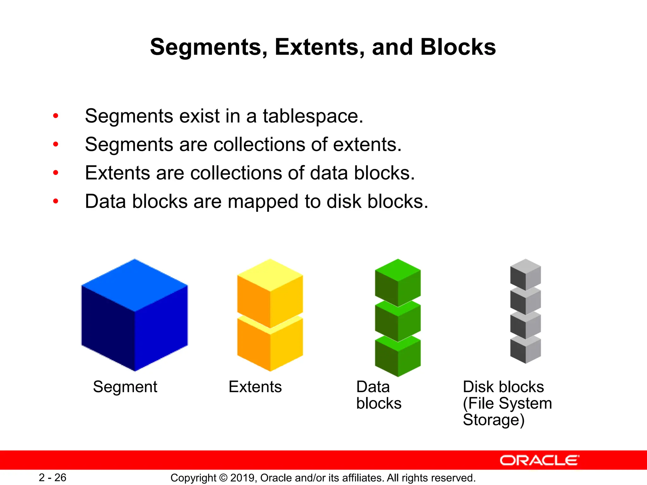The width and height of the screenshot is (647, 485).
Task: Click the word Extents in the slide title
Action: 319,47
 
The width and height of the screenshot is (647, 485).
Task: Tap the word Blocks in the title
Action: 458,47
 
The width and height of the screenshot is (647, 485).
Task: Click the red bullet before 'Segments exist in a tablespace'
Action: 56,116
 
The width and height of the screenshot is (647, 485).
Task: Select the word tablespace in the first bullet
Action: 313,116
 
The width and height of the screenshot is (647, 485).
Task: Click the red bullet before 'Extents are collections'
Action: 56,173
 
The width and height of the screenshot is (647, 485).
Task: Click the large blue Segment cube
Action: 135,316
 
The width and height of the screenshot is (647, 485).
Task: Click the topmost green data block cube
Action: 398,283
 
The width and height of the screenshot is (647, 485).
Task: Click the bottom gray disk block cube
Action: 525,350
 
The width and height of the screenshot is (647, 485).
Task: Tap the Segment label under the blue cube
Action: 125,387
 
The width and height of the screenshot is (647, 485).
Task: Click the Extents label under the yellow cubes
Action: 255,387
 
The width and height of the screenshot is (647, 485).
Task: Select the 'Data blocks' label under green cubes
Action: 378,395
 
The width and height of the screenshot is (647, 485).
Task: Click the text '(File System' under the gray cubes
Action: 507,403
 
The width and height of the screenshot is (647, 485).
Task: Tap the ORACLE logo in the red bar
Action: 539,460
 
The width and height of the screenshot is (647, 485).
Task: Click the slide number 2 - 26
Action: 52,477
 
